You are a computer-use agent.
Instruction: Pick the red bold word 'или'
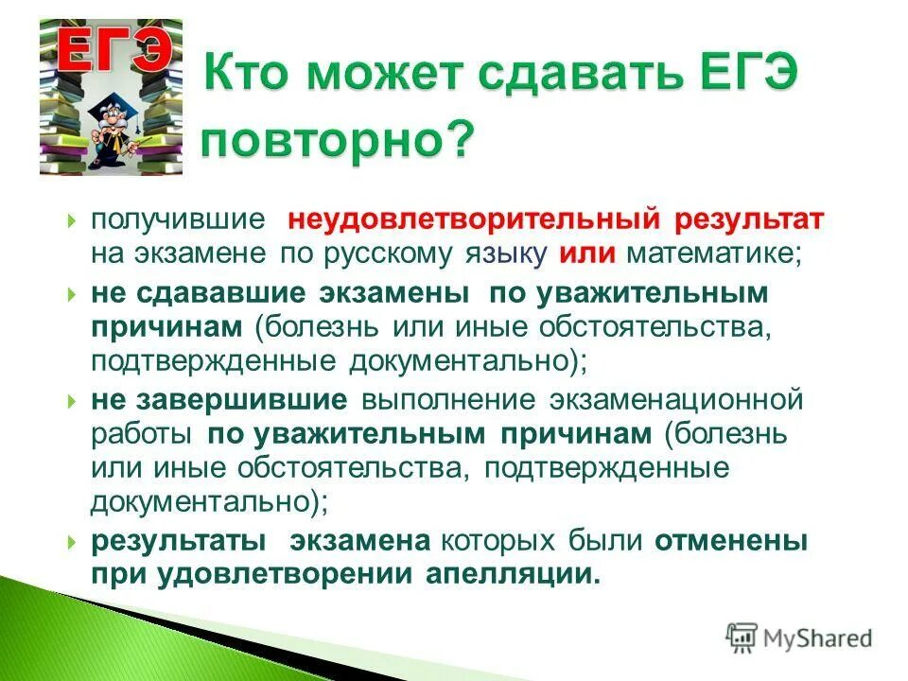click(x=587, y=255)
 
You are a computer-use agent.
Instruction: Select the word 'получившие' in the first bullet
click(x=176, y=219)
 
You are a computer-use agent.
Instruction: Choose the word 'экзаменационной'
click(x=678, y=399)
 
